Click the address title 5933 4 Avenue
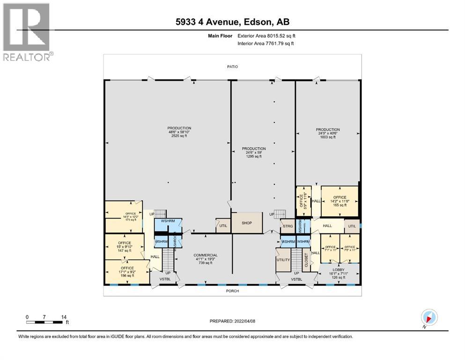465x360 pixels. click(233, 22)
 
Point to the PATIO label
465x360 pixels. click(232, 67)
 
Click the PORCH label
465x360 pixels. click(232, 291)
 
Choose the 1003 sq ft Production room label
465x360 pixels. click(327, 133)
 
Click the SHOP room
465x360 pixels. click(247, 223)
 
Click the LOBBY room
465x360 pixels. click(338, 274)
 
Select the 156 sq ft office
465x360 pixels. click(124, 272)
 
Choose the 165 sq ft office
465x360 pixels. click(340, 201)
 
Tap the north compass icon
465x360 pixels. click(429, 317)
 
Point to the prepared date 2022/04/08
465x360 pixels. click(232, 321)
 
